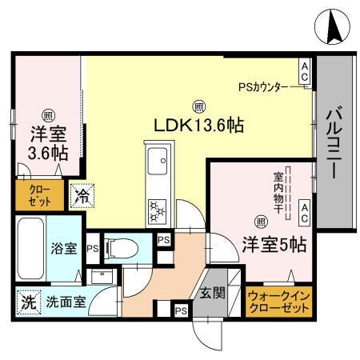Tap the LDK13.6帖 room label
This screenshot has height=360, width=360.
[x=198, y=125]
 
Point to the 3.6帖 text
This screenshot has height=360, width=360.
[x=47, y=152]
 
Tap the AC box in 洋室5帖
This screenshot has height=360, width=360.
[x=305, y=212]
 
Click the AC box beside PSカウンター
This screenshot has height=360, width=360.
[x=305, y=71]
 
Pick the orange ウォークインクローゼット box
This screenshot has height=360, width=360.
[x=279, y=302]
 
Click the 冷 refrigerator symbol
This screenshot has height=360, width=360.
[x=80, y=193]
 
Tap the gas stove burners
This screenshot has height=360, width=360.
[x=156, y=210]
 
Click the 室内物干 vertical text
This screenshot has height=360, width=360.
[x=278, y=192]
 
